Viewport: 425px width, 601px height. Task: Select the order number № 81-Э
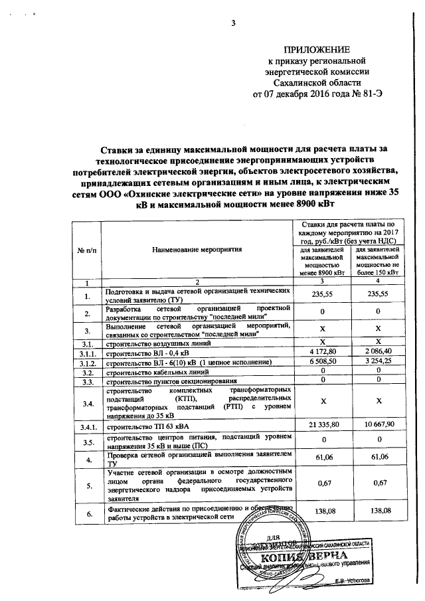tap(366, 94)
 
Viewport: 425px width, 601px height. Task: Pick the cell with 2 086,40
tap(377, 351)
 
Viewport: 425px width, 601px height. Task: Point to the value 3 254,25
tap(377, 362)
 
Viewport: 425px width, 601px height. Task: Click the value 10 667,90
tap(377, 424)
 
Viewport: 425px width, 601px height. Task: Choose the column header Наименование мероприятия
tap(197, 249)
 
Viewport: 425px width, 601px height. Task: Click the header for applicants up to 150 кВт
tap(377, 260)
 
